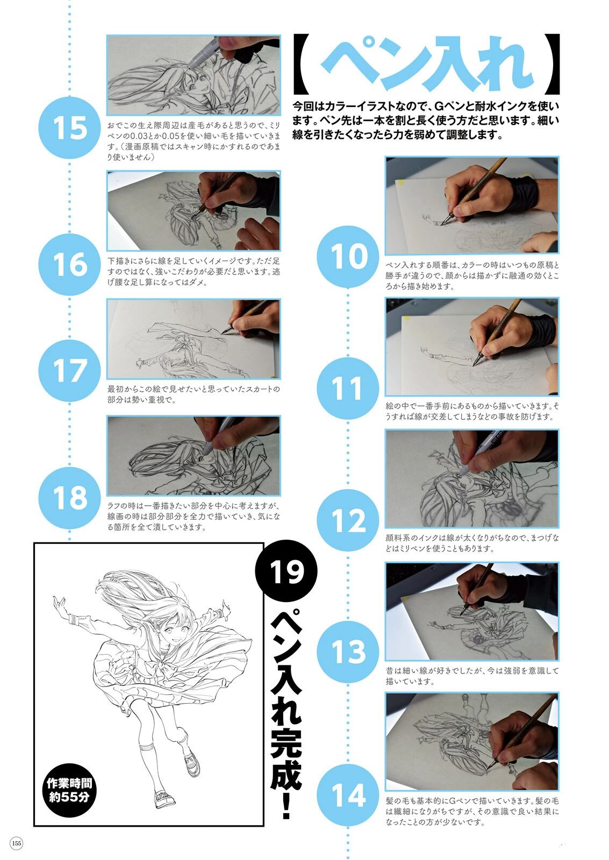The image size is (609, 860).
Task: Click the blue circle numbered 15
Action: point(69,127)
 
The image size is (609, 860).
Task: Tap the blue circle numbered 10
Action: point(348,256)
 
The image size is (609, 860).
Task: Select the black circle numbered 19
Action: point(286,571)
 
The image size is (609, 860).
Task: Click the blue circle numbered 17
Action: point(69,371)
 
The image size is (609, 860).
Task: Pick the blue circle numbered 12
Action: point(348,520)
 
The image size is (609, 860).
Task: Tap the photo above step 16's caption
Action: point(194,211)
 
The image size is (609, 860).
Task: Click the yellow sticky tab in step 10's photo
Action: point(402,182)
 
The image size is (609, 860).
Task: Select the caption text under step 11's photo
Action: point(472,411)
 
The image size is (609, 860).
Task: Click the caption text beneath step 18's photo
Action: point(194,517)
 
